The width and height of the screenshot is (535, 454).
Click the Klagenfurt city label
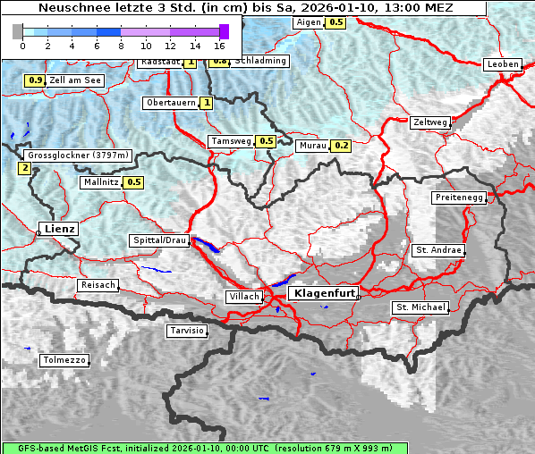326,293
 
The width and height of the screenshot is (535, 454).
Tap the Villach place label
244,296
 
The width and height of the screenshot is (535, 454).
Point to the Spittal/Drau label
159,240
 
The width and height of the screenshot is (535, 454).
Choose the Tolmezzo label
64,360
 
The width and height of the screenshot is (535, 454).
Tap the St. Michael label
420,307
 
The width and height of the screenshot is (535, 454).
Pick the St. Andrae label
437,250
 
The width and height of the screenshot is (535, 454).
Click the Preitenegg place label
459,197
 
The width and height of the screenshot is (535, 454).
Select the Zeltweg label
429,122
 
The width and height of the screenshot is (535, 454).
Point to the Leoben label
502,64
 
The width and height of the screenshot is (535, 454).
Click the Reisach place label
98,285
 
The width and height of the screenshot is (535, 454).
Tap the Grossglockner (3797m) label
79,156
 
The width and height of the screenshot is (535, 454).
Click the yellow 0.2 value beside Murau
341,145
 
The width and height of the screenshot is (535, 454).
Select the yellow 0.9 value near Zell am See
34,80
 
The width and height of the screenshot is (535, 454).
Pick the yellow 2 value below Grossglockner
24,168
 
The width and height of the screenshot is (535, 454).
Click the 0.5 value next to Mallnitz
134,182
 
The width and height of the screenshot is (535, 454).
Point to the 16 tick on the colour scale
219,44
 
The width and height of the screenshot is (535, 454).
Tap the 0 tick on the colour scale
22,44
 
